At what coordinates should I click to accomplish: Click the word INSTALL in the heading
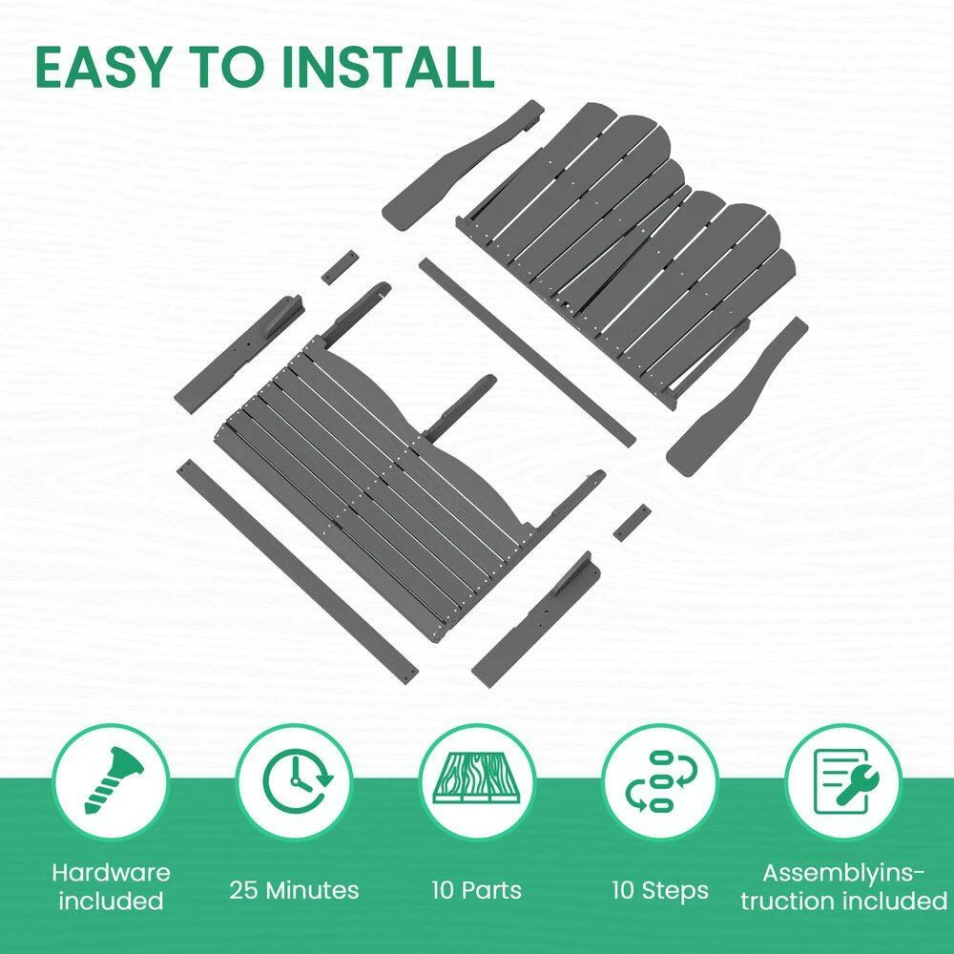point(388,66)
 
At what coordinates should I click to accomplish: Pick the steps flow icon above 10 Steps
point(661,781)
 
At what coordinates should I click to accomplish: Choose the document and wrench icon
point(845,782)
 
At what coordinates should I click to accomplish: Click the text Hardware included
point(112,886)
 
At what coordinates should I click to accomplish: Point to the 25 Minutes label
point(295,890)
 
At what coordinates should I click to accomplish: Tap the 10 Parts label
point(477,890)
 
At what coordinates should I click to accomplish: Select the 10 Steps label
point(661,890)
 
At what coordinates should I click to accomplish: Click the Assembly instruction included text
point(844,886)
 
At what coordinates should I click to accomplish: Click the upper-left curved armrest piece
point(463,164)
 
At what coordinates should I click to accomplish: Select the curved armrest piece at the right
point(737,397)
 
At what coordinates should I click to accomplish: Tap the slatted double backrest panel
point(627,256)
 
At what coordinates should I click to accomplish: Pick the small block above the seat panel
point(339,266)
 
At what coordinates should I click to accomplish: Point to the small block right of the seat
point(632,522)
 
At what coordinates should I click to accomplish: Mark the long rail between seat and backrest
point(528,353)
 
